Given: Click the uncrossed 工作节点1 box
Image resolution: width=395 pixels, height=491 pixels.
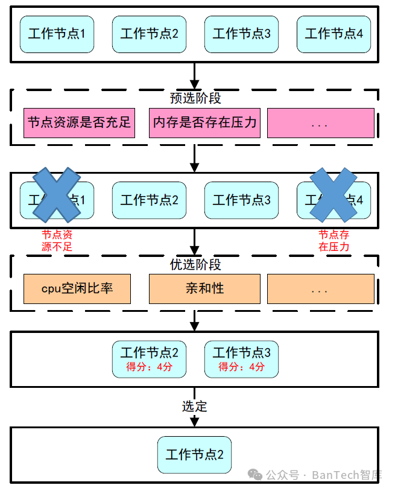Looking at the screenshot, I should (x=57, y=34).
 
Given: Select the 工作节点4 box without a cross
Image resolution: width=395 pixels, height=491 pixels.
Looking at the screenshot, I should (x=333, y=34).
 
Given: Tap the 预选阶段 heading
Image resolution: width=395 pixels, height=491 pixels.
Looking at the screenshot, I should (x=195, y=98).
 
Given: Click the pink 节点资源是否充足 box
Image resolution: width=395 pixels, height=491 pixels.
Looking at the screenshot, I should (x=78, y=123).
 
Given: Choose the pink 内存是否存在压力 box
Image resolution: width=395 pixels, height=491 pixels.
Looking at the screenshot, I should (x=204, y=123).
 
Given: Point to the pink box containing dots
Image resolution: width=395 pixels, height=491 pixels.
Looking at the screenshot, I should (x=320, y=123).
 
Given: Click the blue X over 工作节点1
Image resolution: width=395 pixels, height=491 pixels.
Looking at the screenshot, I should (x=56, y=194).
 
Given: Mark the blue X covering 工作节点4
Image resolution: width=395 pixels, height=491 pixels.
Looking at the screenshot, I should (x=333, y=194).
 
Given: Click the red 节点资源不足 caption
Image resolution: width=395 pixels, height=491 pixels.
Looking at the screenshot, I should (x=57, y=241).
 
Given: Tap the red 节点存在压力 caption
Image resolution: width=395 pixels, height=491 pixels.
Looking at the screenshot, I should (x=333, y=241).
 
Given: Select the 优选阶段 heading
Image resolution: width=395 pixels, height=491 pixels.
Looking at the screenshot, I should (x=195, y=264).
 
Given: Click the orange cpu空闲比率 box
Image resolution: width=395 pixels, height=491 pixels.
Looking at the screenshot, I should (x=77, y=289).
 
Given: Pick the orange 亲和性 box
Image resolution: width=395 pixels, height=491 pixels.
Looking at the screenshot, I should (x=204, y=289).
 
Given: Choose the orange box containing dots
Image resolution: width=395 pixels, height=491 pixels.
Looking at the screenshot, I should (x=320, y=289).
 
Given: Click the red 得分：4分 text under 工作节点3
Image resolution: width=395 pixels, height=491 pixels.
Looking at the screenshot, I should (x=241, y=367).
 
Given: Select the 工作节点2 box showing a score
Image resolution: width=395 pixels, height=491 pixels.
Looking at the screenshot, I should (x=149, y=359).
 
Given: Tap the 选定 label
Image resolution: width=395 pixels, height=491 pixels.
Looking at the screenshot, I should (x=194, y=407).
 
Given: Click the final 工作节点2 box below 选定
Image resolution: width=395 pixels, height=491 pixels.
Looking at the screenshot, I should (x=194, y=455).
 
